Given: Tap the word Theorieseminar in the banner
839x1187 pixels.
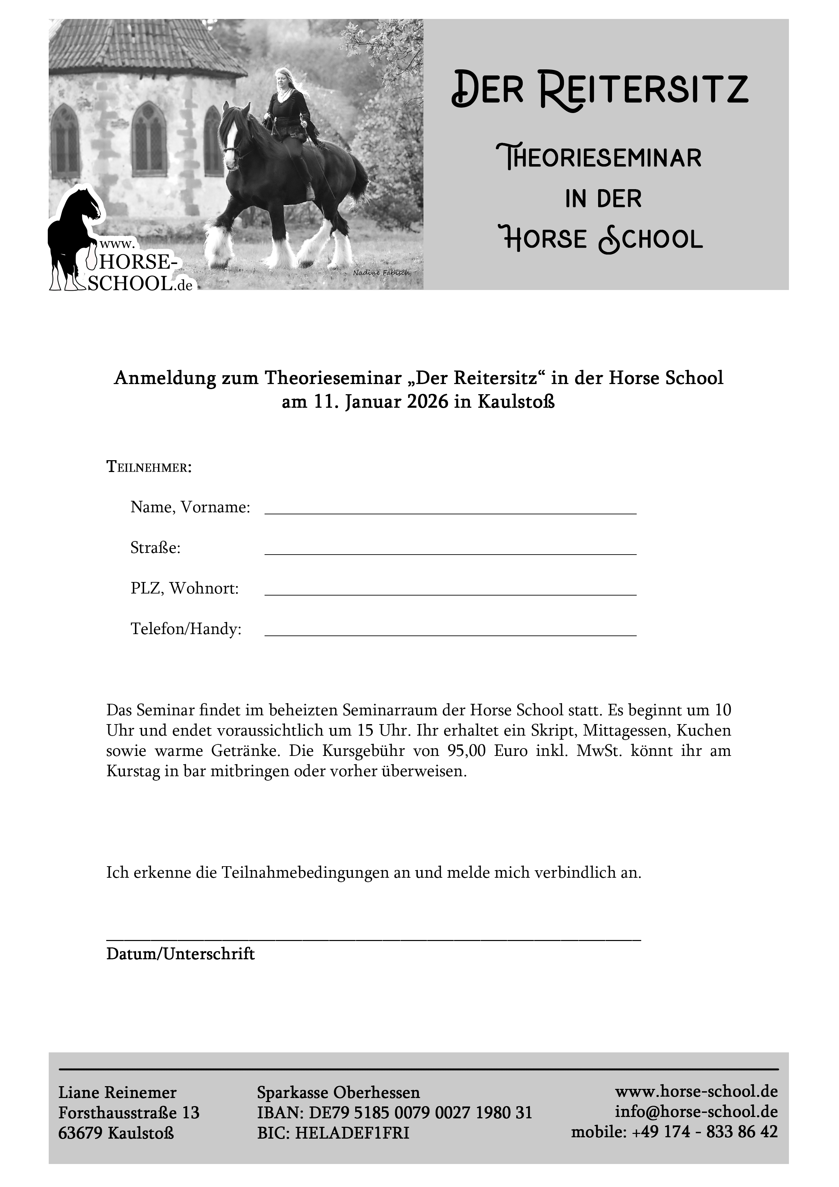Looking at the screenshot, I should point(598,157).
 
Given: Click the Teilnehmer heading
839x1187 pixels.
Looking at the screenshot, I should point(149,467).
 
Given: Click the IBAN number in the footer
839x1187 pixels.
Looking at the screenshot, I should point(420,1113).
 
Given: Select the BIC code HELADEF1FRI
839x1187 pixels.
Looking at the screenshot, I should point(352,1133).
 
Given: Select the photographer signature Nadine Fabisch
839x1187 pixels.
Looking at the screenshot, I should point(382,272).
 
